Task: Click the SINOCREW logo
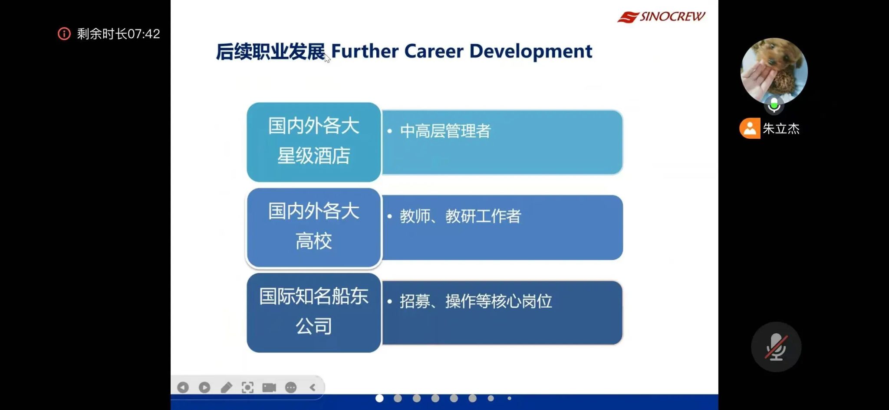tap(661, 17)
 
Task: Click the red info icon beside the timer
tap(64, 34)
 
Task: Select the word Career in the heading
tap(434, 51)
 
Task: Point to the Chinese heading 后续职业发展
tap(270, 52)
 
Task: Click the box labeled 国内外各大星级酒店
tap(314, 142)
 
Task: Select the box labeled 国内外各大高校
tap(314, 227)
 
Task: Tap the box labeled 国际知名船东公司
tap(314, 312)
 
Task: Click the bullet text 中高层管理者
tap(445, 131)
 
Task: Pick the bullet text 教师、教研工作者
tap(461, 216)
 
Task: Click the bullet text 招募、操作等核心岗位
tap(476, 301)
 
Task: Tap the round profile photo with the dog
tap(774, 71)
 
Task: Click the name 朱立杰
tap(781, 129)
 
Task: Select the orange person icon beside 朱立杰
tap(750, 128)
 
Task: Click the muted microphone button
tap(776, 347)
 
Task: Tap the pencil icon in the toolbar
tap(226, 387)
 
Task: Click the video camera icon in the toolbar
tap(269, 387)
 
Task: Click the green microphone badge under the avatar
tap(774, 104)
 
